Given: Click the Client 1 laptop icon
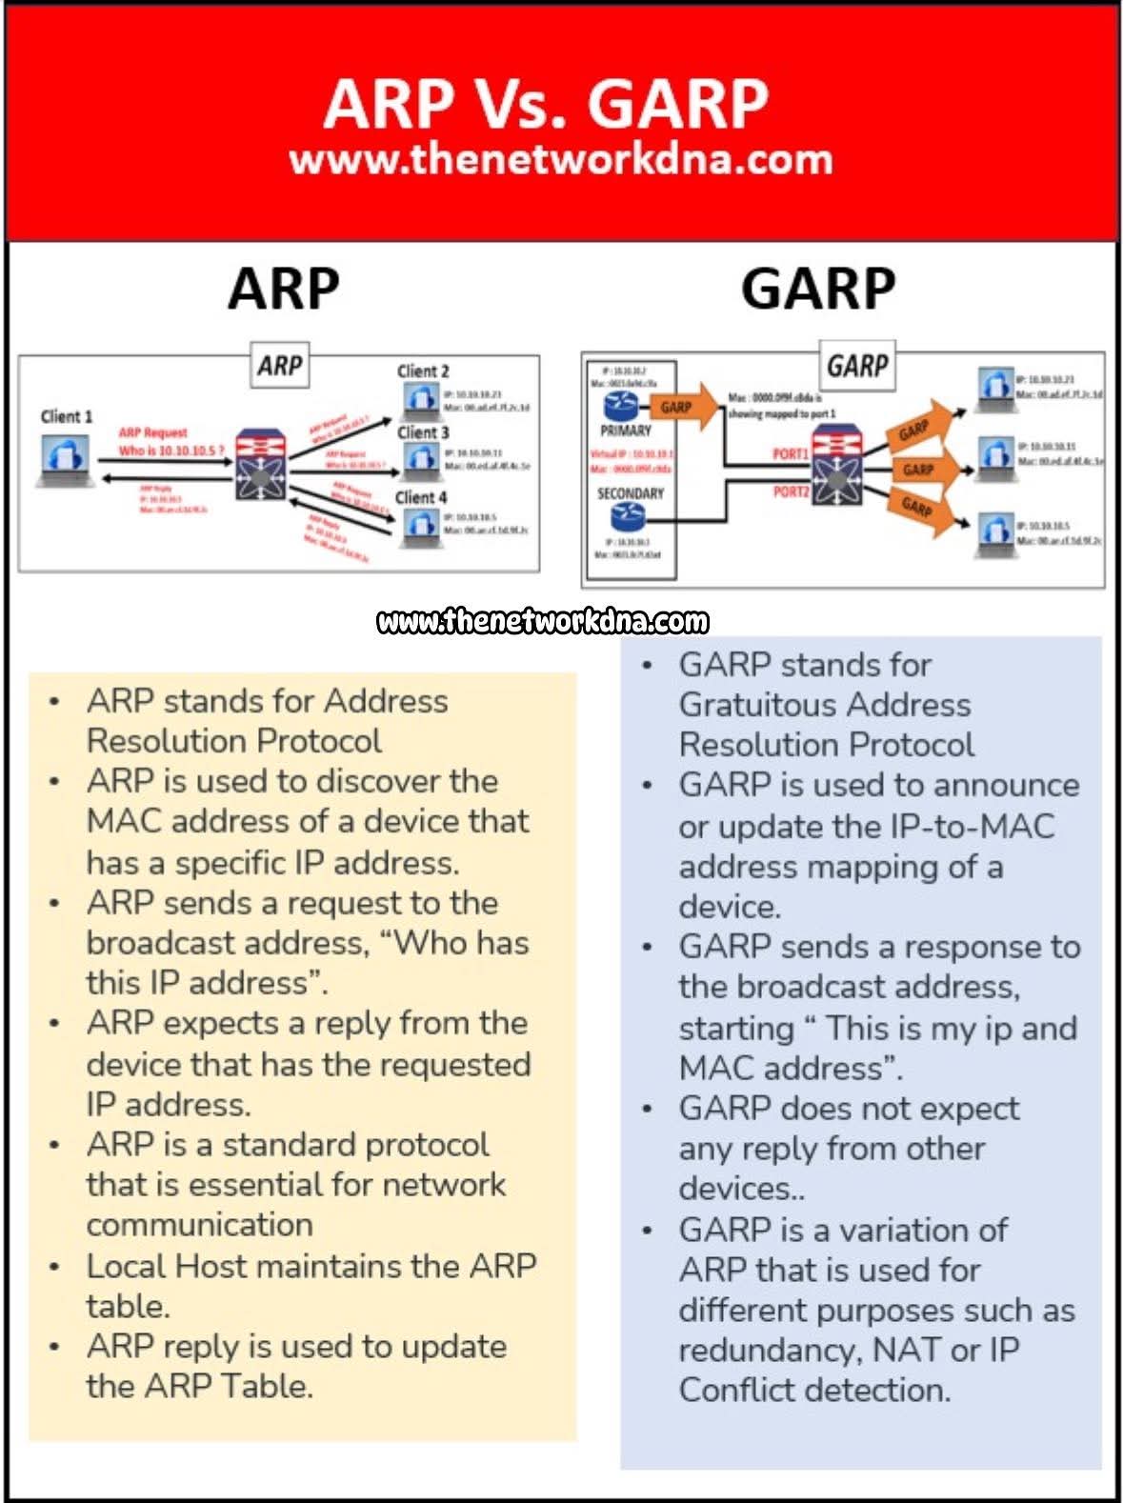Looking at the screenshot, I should coord(67,457).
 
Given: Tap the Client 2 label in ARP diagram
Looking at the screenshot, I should coord(423,371).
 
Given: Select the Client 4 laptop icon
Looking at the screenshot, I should coord(419,525).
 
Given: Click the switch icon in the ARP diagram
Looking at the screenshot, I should coord(260,464).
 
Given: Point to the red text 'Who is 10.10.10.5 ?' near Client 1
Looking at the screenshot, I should coord(171,451).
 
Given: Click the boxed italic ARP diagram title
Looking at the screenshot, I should coord(280,366).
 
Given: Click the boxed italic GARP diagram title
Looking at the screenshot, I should coord(856,366).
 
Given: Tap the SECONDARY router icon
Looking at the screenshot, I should coord(628,516).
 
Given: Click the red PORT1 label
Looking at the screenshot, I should coord(791,454).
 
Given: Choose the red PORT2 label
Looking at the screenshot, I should coord(791,491).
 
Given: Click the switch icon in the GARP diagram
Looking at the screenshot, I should coord(835,466).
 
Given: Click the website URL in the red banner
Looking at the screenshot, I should coord(560,159).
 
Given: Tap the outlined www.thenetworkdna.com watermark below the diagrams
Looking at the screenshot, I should coord(543,622).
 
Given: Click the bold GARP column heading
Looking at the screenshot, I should coord(817,288).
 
